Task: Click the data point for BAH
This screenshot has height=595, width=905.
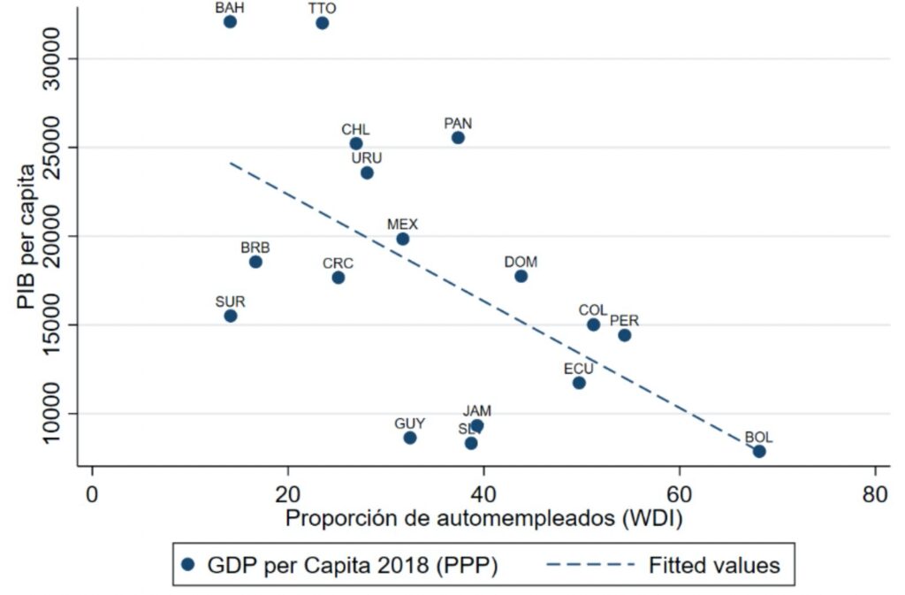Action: (x=230, y=21)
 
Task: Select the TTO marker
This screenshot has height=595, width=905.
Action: (x=322, y=22)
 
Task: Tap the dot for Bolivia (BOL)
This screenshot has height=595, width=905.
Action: (x=758, y=451)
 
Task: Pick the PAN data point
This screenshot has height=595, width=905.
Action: (x=458, y=137)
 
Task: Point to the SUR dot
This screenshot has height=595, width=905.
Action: (x=231, y=316)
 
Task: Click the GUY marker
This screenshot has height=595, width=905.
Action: (x=410, y=438)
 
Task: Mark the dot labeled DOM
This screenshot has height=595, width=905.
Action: (x=521, y=276)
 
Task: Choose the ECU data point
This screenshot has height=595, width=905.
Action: (x=579, y=383)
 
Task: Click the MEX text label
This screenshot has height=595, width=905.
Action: (x=402, y=225)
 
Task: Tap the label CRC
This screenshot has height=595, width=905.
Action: (x=338, y=263)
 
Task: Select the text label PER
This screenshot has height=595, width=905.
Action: (x=624, y=321)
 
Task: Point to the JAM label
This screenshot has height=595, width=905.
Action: (x=477, y=411)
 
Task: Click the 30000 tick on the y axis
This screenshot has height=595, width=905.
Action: (x=63, y=58)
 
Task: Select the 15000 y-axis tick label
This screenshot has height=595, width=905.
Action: (x=63, y=324)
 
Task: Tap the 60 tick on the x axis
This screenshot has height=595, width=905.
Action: (x=679, y=493)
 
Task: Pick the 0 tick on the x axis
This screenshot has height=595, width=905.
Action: (x=92, y=493)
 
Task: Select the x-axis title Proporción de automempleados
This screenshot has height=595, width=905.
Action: (x=483, y=520)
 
